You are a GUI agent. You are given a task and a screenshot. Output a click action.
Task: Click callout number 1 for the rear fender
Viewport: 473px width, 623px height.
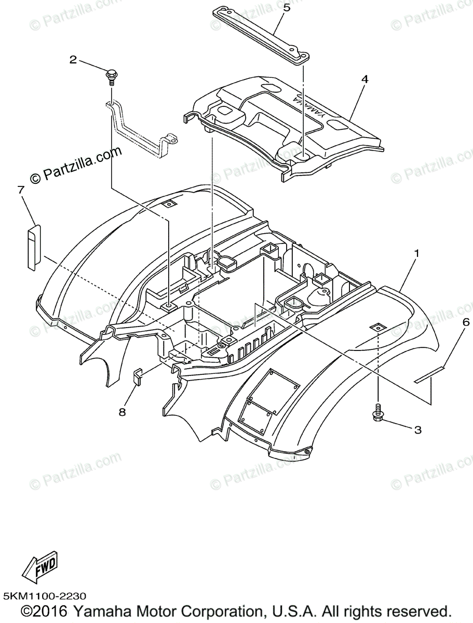pyautogui.click(x=416, y=254)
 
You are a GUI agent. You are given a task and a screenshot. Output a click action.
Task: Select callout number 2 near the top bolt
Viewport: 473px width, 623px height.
pyautogui.click(x=73, y=60)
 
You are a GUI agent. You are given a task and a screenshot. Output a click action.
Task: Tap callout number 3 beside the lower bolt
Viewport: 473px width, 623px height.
pyautogui.click(x=417, y=430)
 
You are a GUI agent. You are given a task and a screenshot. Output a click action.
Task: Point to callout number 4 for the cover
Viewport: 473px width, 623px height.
pyautogui.click(x=364, y=79)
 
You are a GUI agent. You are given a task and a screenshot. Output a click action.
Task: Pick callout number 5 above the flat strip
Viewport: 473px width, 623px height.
pyautogui.click(x=286, y=7)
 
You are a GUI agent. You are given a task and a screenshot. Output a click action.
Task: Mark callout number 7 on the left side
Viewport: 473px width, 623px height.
pyautogui.click(x=21, y=190)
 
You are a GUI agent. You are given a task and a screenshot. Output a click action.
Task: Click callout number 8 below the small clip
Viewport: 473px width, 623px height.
pyautogui.click(x=122, y=412)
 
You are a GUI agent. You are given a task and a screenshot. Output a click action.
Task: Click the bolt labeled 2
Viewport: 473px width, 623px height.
pyautogui.click(x=111, y=77)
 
